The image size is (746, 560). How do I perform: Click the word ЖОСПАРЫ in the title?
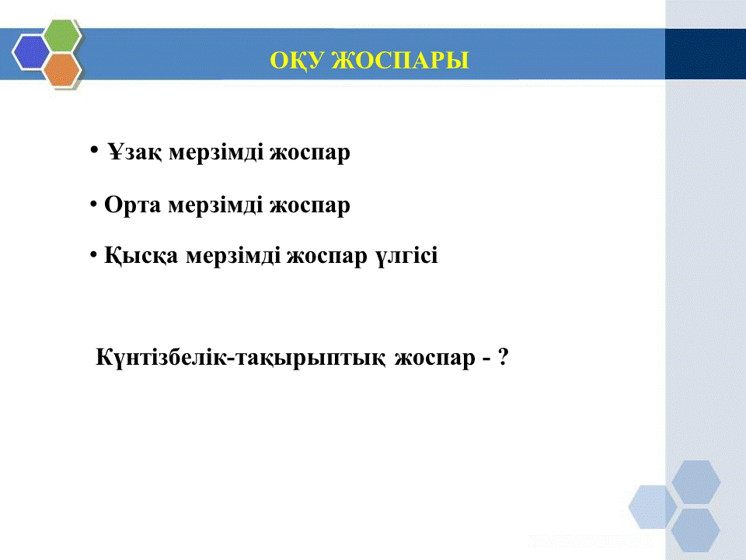(400, 60)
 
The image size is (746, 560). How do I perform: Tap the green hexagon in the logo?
(62, 35)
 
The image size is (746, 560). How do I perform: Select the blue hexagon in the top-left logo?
(30, 52)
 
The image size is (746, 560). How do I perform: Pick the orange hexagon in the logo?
(62, 69)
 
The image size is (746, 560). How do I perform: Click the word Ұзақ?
(134, 153)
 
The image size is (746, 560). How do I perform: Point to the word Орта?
(132, 205)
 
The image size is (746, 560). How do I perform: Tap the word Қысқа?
(141, 256)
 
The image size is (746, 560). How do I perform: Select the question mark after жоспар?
(503, 357)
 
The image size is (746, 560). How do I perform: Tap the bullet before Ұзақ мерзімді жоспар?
(94, 150)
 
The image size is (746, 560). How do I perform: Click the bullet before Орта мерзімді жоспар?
(93, 205)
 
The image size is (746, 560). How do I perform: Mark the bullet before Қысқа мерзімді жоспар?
(93, 255)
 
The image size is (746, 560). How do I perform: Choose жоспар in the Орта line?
(310, 206)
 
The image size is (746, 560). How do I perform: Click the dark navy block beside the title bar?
(706, 54)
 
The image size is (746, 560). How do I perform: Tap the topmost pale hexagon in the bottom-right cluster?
(696, 482)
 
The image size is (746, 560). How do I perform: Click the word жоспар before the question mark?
(435, 358)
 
